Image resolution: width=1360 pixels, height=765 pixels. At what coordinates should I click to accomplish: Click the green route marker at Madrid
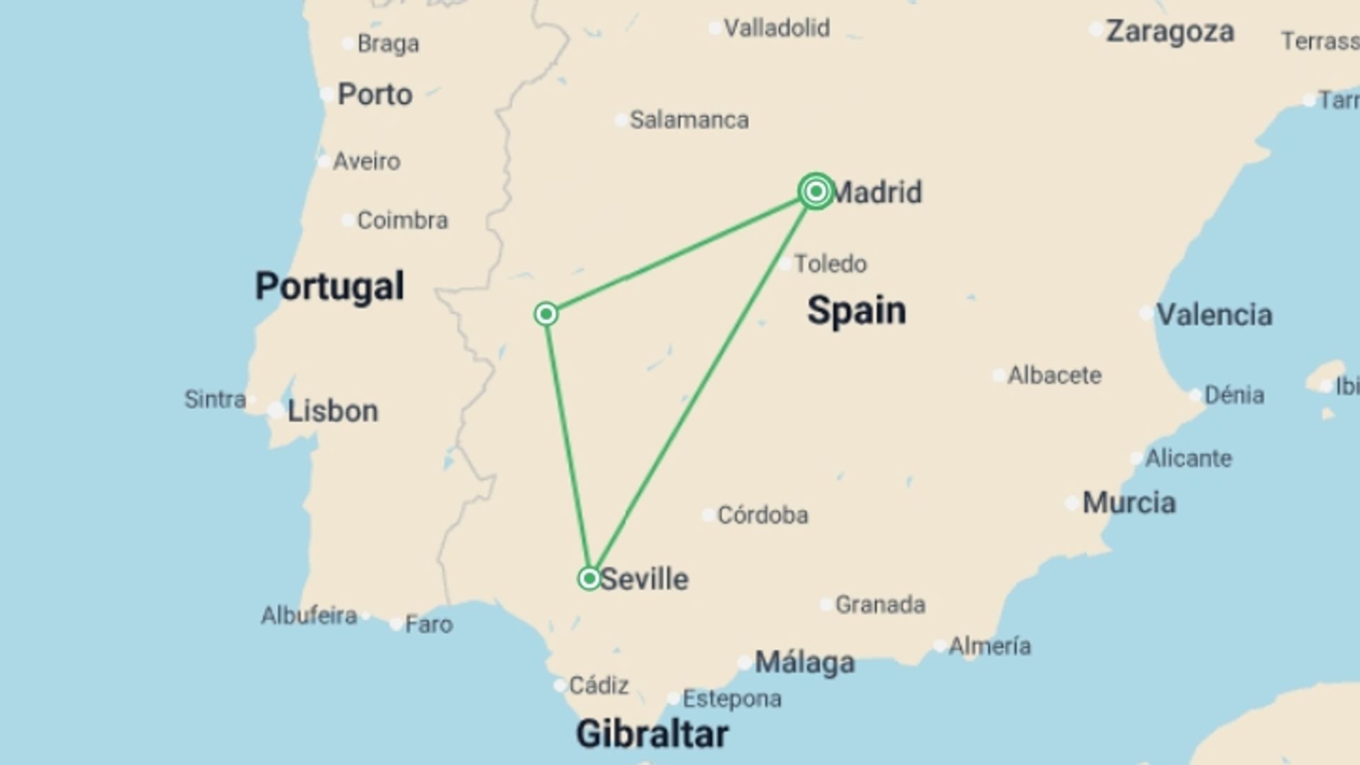[x=815, y=191]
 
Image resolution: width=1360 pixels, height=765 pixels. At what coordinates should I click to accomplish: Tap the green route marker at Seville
[x=589, y=579]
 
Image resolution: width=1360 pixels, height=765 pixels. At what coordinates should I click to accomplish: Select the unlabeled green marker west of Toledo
[x=546, y=314]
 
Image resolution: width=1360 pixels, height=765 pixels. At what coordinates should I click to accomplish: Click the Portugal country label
[x=329, y=286]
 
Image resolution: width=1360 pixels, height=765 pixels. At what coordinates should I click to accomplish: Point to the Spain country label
[x=856, y=310]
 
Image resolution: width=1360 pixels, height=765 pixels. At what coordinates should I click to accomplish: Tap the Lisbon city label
[x=332, y=411]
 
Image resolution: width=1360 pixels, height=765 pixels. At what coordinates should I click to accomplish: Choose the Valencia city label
[x=1214, y=314]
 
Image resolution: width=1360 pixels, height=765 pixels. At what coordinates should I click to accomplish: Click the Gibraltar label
[x=652, y=733]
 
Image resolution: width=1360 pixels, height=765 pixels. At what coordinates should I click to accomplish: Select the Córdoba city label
[x=762, y=515]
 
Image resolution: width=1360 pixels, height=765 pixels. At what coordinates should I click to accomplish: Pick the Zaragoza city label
[x=1170, y=31]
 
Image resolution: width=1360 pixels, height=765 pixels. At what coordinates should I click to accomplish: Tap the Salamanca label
[x=688, y=120]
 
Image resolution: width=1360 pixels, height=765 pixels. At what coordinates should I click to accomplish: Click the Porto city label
[x=375, y=94]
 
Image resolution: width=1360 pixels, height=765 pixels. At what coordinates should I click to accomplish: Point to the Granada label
[x=880, y=604]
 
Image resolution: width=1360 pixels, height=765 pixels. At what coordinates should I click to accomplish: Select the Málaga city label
[x=805, y=662]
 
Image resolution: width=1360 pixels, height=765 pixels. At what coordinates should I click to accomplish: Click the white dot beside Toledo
[x=786, y=264]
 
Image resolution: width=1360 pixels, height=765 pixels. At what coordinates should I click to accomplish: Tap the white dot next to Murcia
[x=1072, y=504]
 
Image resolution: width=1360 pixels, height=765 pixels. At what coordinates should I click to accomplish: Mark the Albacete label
[x=1054, y=375]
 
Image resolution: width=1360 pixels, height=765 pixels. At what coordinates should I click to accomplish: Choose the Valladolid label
[x=776, y=28]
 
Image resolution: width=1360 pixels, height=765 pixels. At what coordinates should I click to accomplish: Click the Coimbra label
[x=402, y=220]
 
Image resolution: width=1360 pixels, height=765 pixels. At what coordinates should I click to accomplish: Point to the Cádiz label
[x=599, y=685]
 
